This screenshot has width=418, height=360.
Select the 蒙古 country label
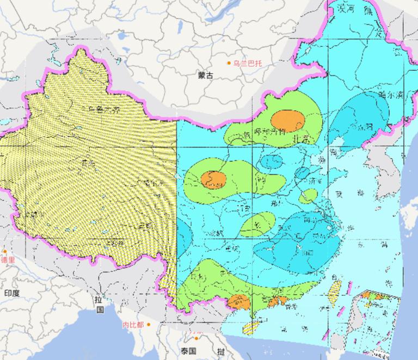pos(206,76)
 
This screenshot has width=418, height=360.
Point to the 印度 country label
pos(12,293)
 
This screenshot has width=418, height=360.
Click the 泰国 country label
pos(189,350)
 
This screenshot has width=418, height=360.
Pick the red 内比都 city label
pos(133,325)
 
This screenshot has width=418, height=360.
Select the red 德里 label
pos(8,260)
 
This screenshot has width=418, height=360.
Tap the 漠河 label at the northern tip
pos(347,10)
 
